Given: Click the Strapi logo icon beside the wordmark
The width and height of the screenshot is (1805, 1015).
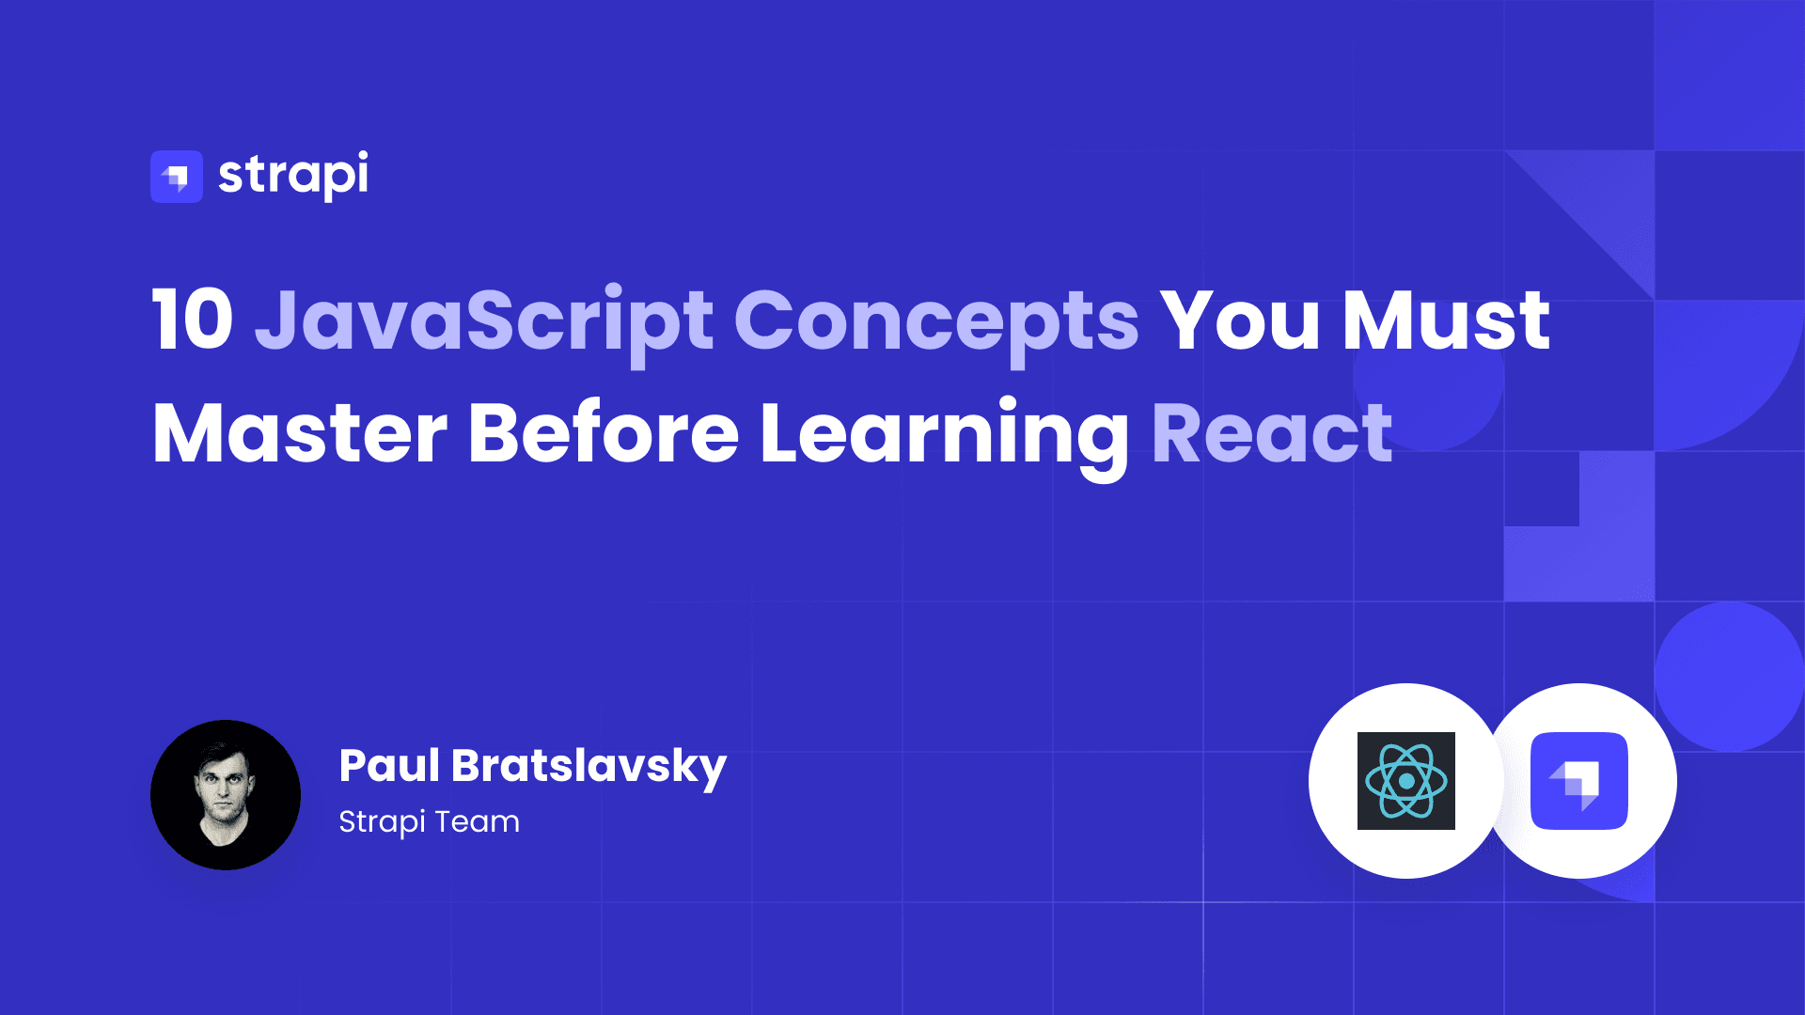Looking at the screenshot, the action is tap(177, 177).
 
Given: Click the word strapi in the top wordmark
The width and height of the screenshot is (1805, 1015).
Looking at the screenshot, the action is tap(293, 176).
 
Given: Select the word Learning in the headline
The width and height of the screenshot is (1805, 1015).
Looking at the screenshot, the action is tap(944, 438).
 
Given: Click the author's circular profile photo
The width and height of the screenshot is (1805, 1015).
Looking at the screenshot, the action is tap(226, 795).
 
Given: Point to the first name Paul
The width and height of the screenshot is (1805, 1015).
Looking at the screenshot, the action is tap(389, 765).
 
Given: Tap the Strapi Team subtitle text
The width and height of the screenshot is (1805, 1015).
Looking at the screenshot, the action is tap(429, 822).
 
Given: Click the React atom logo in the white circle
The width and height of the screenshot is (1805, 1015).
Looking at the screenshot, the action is tap(1406, 781).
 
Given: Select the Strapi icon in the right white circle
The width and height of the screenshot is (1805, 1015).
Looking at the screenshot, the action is tap(1579, 781).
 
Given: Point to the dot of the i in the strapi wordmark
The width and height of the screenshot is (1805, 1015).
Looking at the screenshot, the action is tap(362, 155).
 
